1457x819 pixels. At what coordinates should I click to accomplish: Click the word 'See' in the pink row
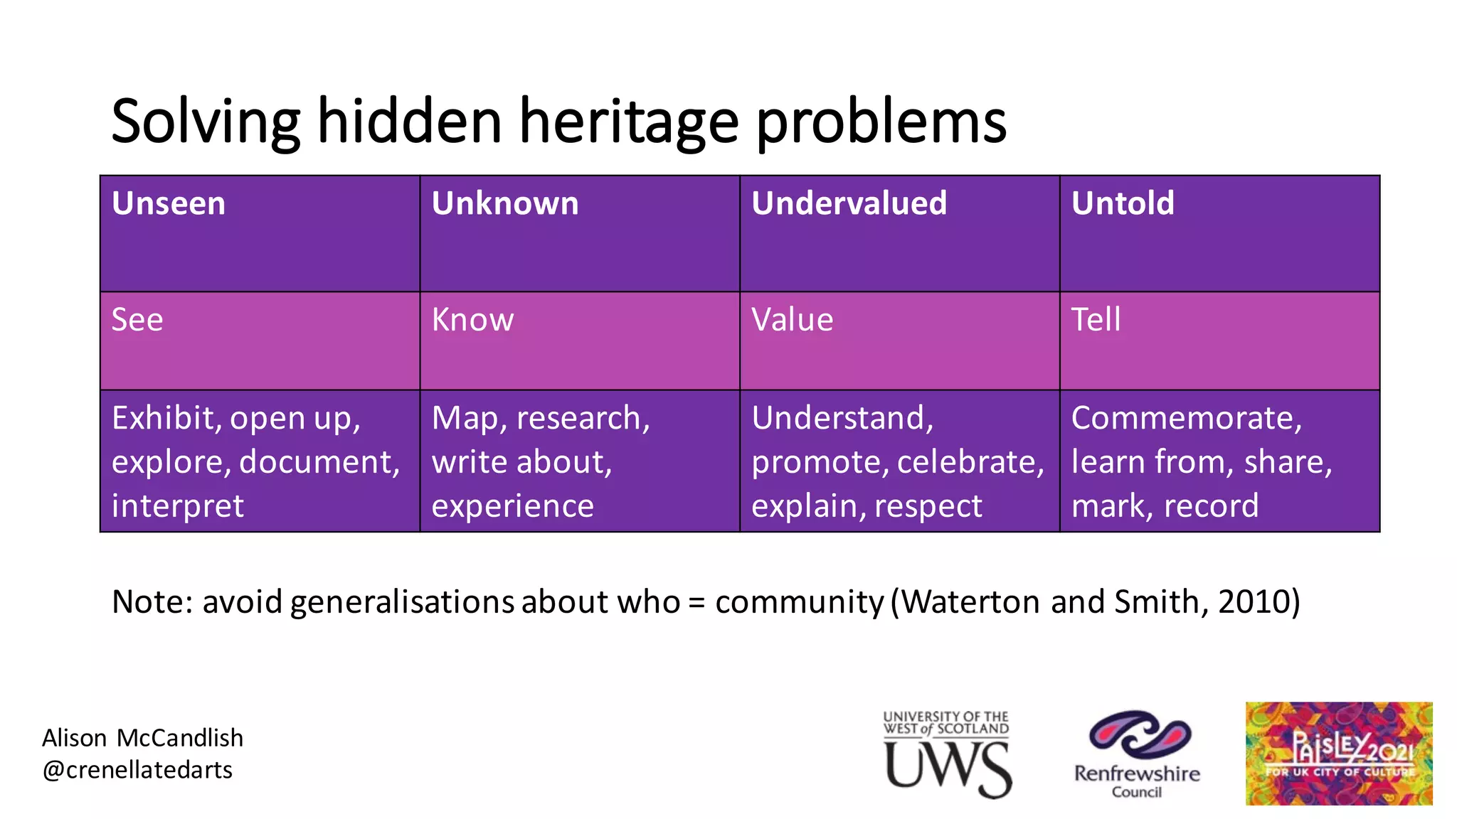137,320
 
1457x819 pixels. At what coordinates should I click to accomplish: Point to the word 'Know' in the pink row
472,320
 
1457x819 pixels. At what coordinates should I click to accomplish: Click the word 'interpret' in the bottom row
178,507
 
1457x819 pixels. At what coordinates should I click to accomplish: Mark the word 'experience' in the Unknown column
512,507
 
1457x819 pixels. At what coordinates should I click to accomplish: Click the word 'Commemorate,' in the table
1187,418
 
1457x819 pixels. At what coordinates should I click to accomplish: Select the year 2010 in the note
1254,602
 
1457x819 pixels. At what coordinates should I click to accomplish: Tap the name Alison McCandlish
142,738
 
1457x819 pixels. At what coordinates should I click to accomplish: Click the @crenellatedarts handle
137,770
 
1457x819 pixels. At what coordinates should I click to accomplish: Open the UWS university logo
947,755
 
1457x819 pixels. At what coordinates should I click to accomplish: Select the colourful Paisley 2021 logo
1338,754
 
